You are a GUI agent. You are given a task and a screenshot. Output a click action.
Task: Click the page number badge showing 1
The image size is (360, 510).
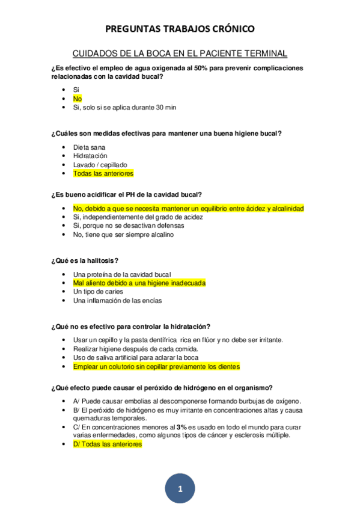(x=180, y=489)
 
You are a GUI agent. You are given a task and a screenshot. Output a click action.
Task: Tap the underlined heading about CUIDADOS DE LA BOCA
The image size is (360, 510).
(x=180, y=53)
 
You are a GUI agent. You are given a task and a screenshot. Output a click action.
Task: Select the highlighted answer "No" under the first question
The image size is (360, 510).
(x=78, y=99)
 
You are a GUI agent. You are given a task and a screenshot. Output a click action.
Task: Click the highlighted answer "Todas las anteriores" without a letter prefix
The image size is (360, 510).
(x=103, y=174)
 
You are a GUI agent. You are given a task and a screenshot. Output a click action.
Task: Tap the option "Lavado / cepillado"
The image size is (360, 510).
(x=100, y=165)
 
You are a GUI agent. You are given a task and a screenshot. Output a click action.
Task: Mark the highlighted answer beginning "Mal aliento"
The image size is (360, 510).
(x=139, y=283)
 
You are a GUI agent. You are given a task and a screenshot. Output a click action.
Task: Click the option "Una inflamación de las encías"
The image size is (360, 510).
(x=117, y=301)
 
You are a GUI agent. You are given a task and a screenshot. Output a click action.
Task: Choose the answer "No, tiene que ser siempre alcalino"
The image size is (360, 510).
(x=123, y=235)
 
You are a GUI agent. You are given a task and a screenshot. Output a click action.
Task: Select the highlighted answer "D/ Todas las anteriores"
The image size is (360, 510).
(x=108, y=444)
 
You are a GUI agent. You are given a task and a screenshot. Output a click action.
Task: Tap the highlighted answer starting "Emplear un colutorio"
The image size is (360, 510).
(x=156, y=366)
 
